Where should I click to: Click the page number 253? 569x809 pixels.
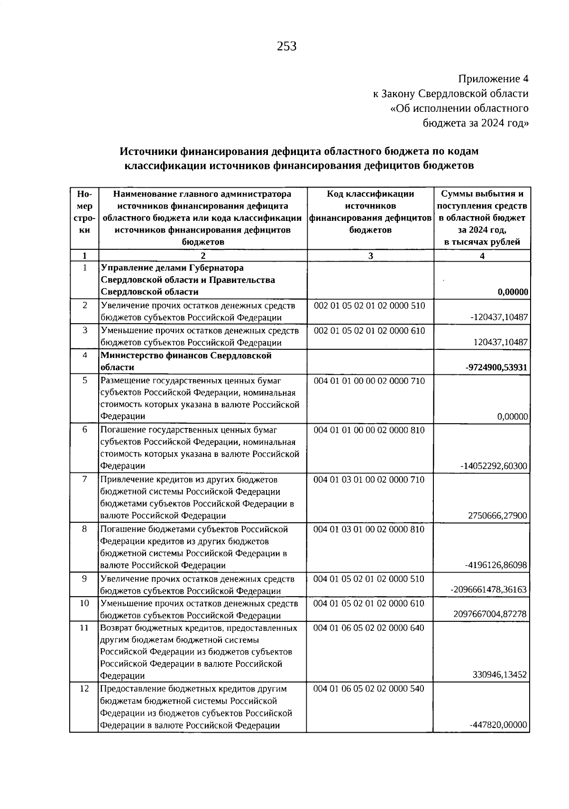[286, 46]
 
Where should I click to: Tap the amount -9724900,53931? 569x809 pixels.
[497, 367]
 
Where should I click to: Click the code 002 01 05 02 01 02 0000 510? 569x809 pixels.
[369, 306]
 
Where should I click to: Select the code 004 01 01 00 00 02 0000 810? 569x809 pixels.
[369, 430]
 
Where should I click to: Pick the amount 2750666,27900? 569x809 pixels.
[497, 516]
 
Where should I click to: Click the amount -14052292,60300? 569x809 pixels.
[494, 466]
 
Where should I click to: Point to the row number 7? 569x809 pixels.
[84, 479]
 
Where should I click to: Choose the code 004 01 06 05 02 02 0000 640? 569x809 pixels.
[369, 628]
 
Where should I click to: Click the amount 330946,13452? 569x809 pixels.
[500, 675]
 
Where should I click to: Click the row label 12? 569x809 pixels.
[84, 689]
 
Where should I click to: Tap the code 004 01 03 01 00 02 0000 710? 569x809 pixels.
[369, 480]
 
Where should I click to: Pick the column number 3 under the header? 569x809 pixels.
[370, 255]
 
